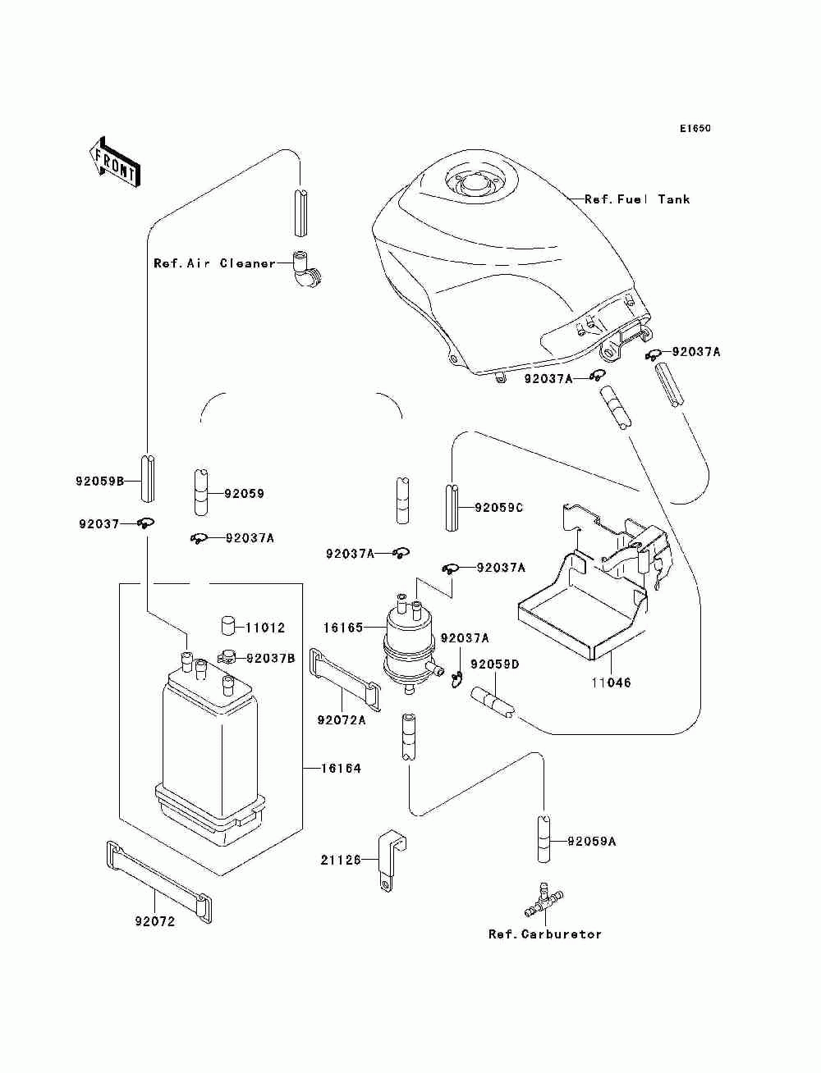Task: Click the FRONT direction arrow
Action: click(114, 162)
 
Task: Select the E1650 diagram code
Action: click(695, 129)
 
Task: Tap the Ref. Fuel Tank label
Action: click(637, 199)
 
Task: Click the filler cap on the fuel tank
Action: click(474, 184)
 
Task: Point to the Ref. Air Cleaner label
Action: click(215, 263)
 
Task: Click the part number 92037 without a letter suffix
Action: click(99, 524)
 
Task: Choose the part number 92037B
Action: click(271, 659)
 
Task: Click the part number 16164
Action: click(341, 769)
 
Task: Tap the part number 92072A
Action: click(342, 720)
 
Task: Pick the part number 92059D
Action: click(495, 664)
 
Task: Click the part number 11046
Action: click(611, 683)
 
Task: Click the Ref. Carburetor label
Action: click(545, 934)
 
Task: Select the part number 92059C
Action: click(498, 509)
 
